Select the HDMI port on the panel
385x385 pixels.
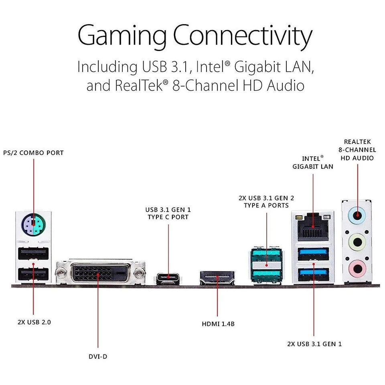pos(217,278)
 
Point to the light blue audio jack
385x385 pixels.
pos(357,216)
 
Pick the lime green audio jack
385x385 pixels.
pos(357,242)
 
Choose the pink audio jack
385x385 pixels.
pos(357,268)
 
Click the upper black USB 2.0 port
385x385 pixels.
pos(33,253)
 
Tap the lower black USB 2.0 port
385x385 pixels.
pos(33,274)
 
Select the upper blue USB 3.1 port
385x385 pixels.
pos(313,254)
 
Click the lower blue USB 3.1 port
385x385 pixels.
pos(313,275)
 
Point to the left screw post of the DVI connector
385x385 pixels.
pos(61,273)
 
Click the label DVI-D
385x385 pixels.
pos(98,357)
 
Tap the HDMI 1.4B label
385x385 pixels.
pos(218,324)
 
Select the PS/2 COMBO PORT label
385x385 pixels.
pos(33,153)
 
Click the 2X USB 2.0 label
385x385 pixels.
pos(34,322)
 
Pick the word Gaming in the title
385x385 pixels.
pos(122,36)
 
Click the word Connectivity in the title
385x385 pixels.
pos(243,36)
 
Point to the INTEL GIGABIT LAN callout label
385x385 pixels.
pos(313,162)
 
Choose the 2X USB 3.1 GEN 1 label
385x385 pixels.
pos(314,344)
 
